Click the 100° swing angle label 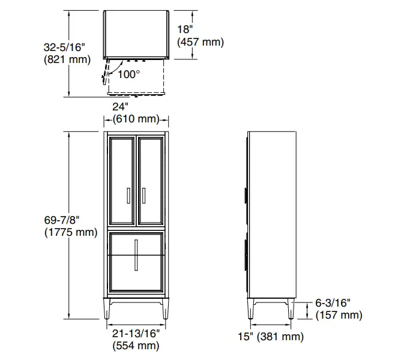[x=128, y=74]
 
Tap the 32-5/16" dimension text [x=64, y=47]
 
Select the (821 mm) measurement [x=67, y=59]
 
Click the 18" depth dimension [x=185, y=29]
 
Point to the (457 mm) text [x=201, y=42]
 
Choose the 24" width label [x=120, y=107]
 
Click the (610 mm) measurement [x=136, y=119]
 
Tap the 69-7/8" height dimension [x=62, y=220]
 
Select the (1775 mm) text [x=71, y=232]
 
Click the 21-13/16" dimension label [x=136, y=334]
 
